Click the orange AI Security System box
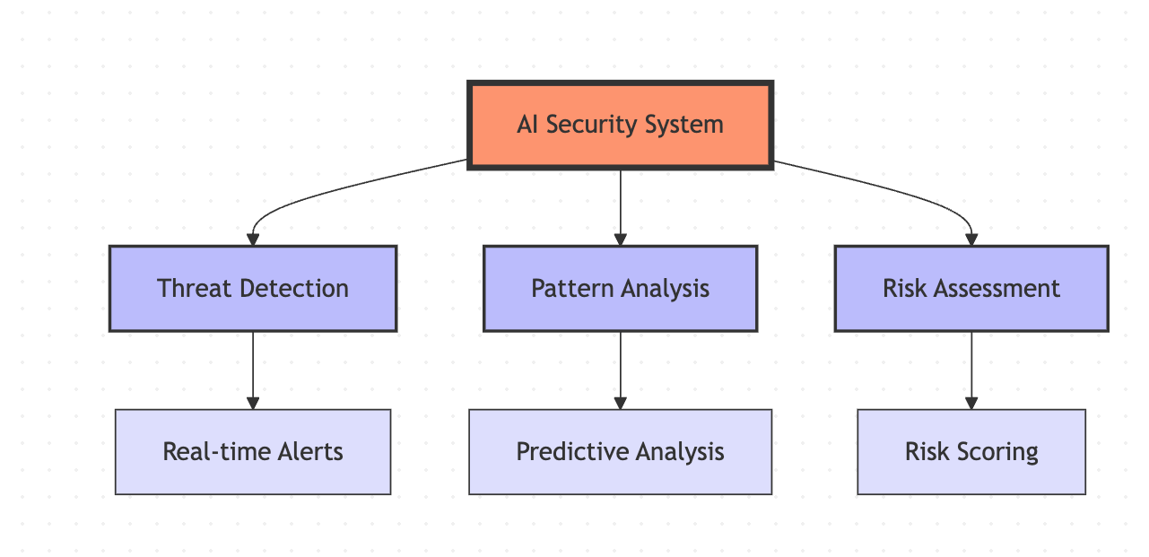pos(620,125)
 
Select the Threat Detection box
pos(253,289)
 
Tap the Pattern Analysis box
pos(620,289)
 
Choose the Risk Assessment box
pos(971,289)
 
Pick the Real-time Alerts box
pos(253,452)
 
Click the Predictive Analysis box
pos(620,452)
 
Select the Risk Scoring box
pos(971,452)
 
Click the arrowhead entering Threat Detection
pos(253,239)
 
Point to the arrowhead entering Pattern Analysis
pos(620,239)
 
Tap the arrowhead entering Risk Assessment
pos(971,239)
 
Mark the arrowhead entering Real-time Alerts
pos(253,403)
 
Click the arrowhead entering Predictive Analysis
pos(620,403)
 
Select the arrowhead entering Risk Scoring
pos(971,403)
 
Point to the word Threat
pos(195,288)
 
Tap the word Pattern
pos(570,288)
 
